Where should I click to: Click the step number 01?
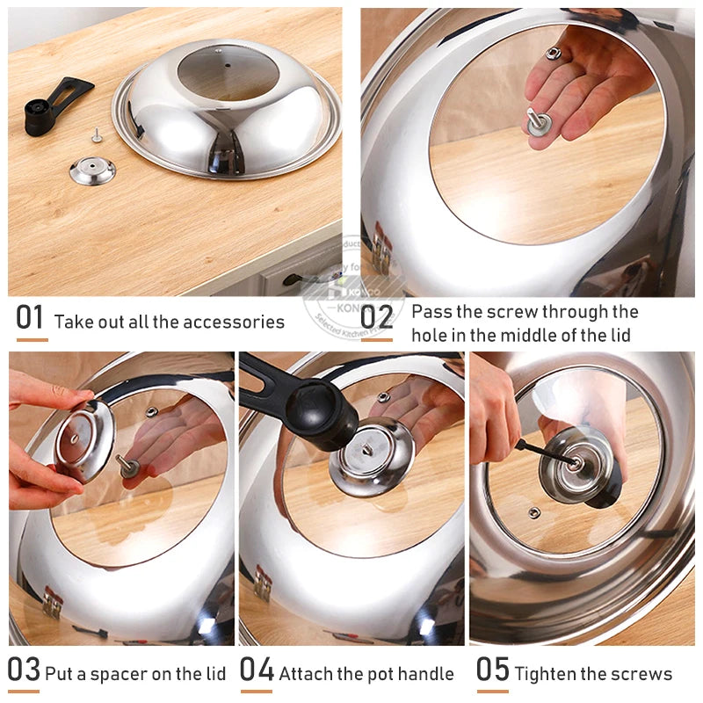(x=31, y=318)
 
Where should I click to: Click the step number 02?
(x=376, y=318)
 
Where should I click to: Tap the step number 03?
(x=25, y=670)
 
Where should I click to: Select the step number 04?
(x=257, y=670)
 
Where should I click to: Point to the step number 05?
(x=492, y=670)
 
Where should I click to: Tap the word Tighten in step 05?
(x=545, y=674)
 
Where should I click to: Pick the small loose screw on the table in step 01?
(x=96, y=135)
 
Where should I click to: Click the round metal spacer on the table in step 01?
(x=92, y=170)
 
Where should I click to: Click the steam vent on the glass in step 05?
(x=533, y=512)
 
